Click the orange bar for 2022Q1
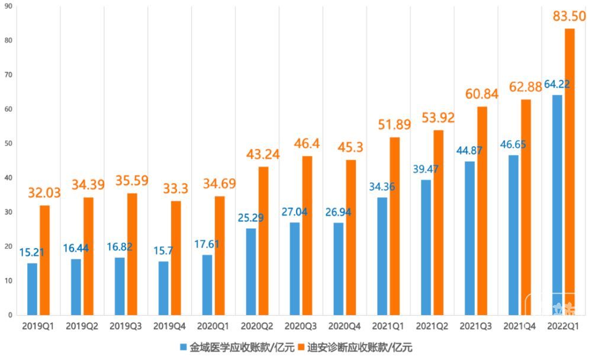point(570,172)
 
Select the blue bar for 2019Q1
point(32,289)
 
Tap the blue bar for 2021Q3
point(469,238)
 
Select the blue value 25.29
point(250,217)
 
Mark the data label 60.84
point(482,94)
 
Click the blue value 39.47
point(426,169)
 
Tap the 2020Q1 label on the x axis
point(213,326)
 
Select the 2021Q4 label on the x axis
point(520,326)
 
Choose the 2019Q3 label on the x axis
point(126,326)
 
